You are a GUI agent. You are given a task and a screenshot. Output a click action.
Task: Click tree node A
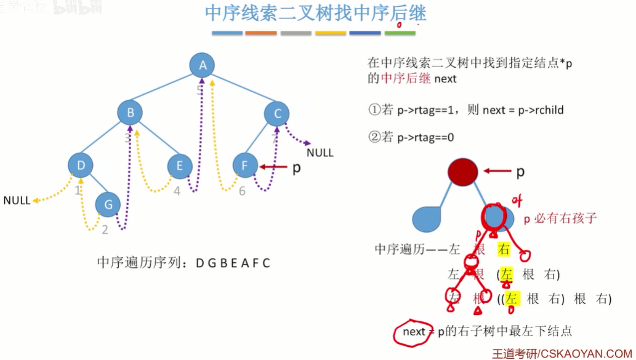click(x=203, y=65)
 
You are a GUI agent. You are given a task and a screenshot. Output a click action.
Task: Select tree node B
click(x=131, y=113)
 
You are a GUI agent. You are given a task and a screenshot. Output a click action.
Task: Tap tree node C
click(x=277, y=113)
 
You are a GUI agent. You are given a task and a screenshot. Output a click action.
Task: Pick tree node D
click(x=81, y=165)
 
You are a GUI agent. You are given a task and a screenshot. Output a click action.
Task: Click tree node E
click(x=180, y=166)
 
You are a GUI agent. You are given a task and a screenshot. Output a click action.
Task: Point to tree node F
click(x=245, y=166)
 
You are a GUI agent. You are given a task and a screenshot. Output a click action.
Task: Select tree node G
click(x=108, y=204)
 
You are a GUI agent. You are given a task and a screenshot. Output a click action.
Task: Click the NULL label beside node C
click(x=320, y=153)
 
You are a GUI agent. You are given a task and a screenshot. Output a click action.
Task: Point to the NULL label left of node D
click(x=17, y=201)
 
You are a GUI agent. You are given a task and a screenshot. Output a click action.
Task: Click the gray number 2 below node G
click(x=105, y=230)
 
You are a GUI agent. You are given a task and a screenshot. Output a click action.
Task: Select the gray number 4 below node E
click(x=177, y=191)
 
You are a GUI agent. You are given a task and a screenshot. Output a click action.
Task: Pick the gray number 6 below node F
click(x=242, y=191)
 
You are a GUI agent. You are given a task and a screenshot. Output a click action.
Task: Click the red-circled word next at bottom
click(x=414, y=332)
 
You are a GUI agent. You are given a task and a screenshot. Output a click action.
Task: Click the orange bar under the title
click(x=261, y=33)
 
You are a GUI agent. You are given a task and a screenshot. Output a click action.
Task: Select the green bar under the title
click(x=400, y=33)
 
